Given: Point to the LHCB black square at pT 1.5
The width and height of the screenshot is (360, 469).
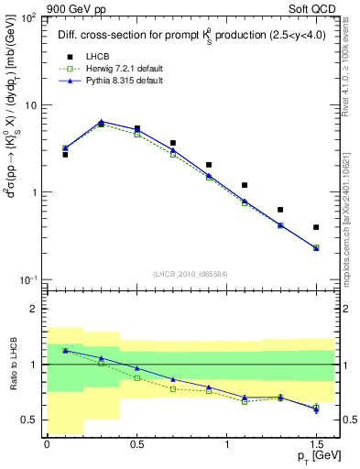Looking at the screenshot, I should (316, 227).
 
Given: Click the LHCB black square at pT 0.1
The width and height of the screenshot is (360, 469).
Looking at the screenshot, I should (65, 155).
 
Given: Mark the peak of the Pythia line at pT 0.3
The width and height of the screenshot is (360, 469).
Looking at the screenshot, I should (101, 121).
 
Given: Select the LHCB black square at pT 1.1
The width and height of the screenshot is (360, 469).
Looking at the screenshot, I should (245, 185).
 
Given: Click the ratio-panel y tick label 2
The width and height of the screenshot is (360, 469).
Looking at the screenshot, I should (34, 310).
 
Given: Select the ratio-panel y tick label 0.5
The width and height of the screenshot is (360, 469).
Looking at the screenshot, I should (29, 420).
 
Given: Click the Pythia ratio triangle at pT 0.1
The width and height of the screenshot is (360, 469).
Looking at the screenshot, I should (65, 350).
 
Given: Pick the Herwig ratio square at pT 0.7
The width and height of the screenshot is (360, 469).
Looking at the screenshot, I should (172, 388).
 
